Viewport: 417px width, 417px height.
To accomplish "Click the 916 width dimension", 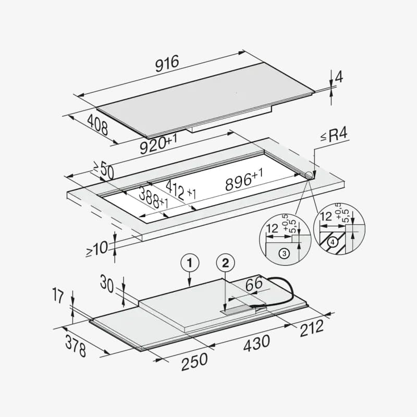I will tap(167, 63).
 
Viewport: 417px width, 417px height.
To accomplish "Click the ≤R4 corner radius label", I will tap(334, 137).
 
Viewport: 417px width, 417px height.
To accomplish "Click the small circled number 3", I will tap(284, 254).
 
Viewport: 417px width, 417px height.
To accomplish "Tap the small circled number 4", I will tap(332, 242).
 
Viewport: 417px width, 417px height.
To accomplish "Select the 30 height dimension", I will tap(107, 285).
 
